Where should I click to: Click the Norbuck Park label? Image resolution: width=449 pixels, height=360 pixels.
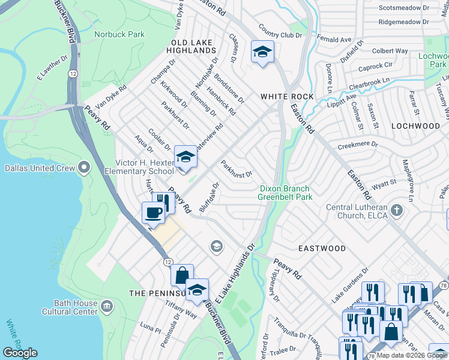pos(119,34)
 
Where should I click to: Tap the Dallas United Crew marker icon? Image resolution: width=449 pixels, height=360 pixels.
pos(84,166)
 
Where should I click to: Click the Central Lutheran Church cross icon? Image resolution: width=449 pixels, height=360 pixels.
pos(396,210)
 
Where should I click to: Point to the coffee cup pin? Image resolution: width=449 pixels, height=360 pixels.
pos(153,212)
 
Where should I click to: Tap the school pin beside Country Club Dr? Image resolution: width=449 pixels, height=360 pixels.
pos(262,52)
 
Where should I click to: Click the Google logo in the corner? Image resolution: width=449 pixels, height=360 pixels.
pos(20,353)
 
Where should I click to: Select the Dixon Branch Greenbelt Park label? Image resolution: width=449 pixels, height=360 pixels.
pos(285,193)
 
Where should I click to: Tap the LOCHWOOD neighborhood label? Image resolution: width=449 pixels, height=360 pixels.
pos(415,126)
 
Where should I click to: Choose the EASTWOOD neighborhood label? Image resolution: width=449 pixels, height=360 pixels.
pos(322,248)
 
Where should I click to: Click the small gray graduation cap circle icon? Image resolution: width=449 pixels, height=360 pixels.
pos(216,245)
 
